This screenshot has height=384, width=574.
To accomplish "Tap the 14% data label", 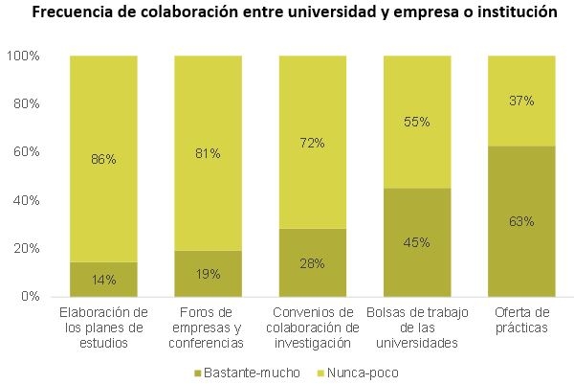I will coord(103,280).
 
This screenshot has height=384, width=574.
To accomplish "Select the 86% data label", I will coord(103,159).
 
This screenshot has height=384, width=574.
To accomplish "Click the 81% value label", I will coord(208,152).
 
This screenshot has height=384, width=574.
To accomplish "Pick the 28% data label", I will coord(312,263).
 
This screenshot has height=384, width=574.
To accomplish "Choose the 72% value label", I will coord(312,143).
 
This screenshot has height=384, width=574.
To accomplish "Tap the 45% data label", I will coord(416,242).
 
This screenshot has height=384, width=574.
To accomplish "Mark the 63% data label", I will coord(521,221).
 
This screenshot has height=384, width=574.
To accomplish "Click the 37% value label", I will coord(521,101).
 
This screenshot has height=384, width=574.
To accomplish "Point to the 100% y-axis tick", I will coord(22,56).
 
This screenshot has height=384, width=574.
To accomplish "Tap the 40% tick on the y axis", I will coord(25,200).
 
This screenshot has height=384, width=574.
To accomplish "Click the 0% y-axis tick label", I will coord(29,297).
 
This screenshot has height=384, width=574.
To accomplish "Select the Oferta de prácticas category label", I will coord(521,321).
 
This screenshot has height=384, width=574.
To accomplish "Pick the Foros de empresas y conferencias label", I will coord(208,328).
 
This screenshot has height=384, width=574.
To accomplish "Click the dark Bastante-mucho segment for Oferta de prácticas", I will coord(521,249).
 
